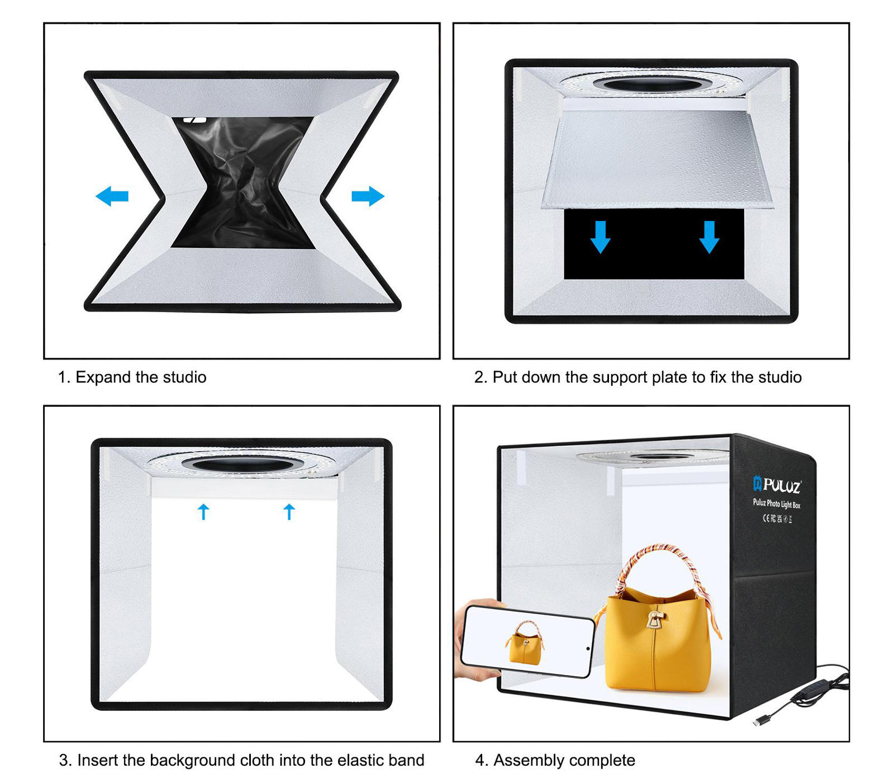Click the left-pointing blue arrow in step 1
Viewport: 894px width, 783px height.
pos(112,196)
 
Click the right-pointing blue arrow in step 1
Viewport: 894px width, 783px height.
pos(368,196)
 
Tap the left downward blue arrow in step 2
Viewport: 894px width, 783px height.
pos(600,237)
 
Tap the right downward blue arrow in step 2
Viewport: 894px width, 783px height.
pos(709,237)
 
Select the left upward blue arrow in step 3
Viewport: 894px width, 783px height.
pos(203,512)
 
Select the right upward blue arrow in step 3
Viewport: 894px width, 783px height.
pos(289,512)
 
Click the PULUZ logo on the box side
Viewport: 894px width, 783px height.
pos(777,485)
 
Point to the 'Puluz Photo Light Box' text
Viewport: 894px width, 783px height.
pos(776,504)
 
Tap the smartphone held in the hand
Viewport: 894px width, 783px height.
pos(527,642)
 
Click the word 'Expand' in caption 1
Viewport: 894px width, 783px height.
pos(103,378)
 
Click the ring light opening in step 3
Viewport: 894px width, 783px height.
pos(241,464)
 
